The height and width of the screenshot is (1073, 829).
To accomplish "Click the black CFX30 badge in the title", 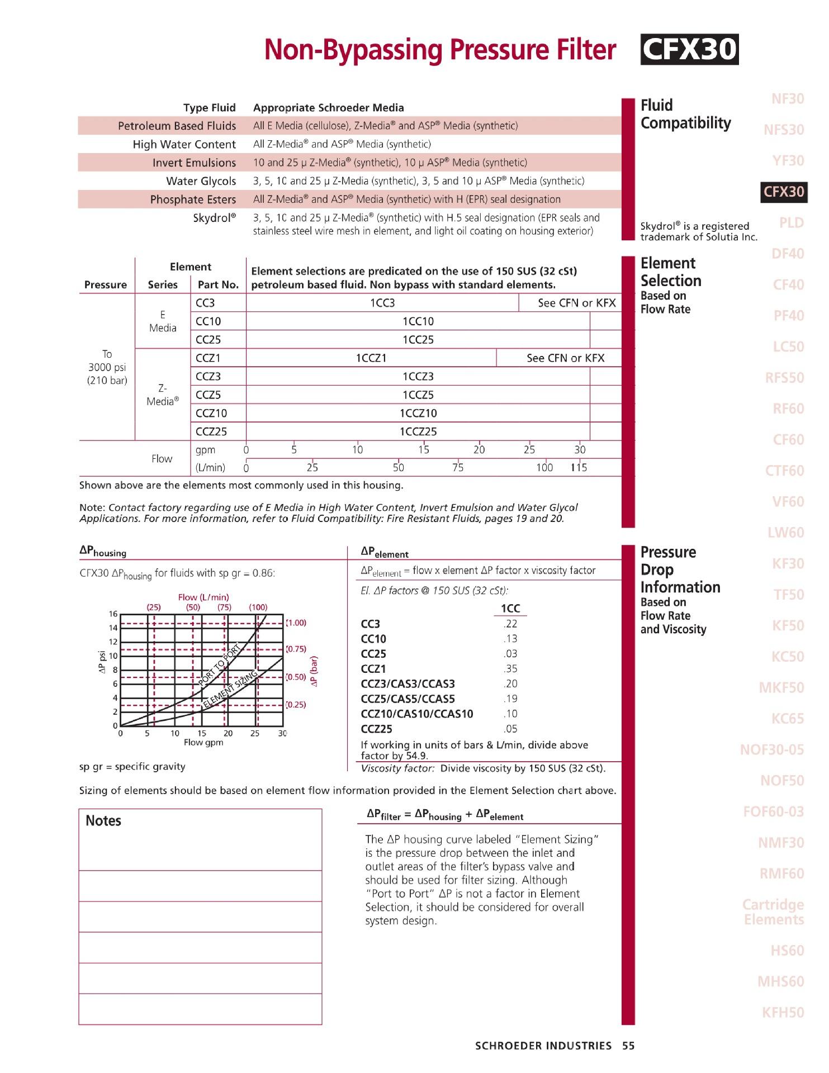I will (x=689, y=50).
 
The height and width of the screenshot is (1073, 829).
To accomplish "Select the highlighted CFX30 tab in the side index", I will (x=784, y=192).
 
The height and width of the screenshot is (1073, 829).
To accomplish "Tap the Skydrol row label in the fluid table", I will (x=214, y=218).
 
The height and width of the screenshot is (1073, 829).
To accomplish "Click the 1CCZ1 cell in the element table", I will (x=371, y=358).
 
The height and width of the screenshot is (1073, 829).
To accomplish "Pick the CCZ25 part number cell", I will (x=211, y=431).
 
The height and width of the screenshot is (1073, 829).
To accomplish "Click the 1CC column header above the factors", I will (x=510, y=609).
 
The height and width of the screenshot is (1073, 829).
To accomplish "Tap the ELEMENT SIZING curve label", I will (x=229, y=689).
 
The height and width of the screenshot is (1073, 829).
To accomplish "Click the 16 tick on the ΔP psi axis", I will (x=113, y=614).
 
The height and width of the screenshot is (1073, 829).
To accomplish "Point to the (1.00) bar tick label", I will (x=296, y=623).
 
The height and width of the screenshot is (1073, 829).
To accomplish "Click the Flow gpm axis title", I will (x=203, y=743).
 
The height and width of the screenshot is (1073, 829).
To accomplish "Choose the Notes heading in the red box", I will (x=103, y=821).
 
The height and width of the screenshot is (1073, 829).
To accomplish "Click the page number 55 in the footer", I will (x=628, y=1046).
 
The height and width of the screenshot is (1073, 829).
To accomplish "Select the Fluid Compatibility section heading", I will (x=685, y=114).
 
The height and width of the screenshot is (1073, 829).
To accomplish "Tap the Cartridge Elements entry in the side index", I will (x=773, y=911).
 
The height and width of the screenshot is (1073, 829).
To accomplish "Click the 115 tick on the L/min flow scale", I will (x=579, y=468).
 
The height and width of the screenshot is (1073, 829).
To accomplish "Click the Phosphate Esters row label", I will (x=193, y=200).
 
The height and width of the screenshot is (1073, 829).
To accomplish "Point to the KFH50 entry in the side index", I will (x=783, y=1012).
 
